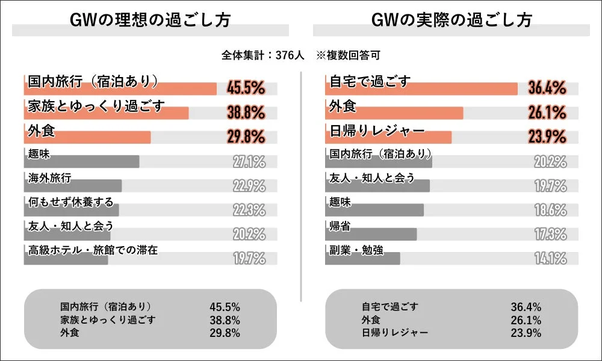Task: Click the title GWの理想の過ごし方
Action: pos(150,19)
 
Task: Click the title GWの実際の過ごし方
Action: pos(451,19)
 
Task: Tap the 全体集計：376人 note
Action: pos(263,55)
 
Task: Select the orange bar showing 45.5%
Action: pos(120,89)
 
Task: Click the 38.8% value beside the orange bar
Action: pos(246,113)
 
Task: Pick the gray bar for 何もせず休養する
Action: pos(72,210)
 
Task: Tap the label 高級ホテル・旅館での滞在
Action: pos(93,250)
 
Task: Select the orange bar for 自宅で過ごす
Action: pos(421,89)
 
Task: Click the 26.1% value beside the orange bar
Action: pos(547,113)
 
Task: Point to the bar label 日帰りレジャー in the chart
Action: pos(377,131)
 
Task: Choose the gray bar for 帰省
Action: pos(371,235)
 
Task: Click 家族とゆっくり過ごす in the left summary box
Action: pos(108,319)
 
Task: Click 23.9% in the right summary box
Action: pos(526,332)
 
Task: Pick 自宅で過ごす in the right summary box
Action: pos(389,306)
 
